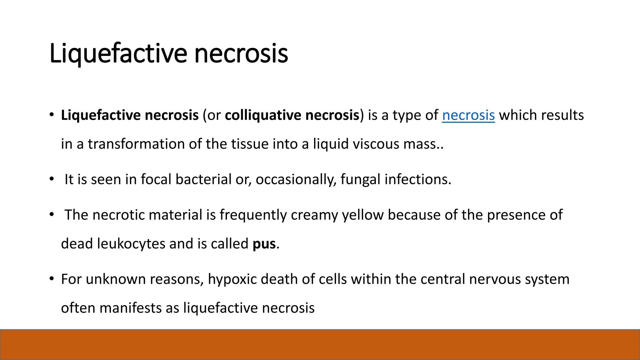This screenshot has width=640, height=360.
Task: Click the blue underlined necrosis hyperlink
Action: [468, 115]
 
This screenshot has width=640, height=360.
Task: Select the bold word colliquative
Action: [263, 115]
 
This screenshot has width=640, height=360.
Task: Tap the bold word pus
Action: [264, 244]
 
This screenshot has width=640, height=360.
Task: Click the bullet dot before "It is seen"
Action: [52, 179]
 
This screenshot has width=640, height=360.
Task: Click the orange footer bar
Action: [320, 344]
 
